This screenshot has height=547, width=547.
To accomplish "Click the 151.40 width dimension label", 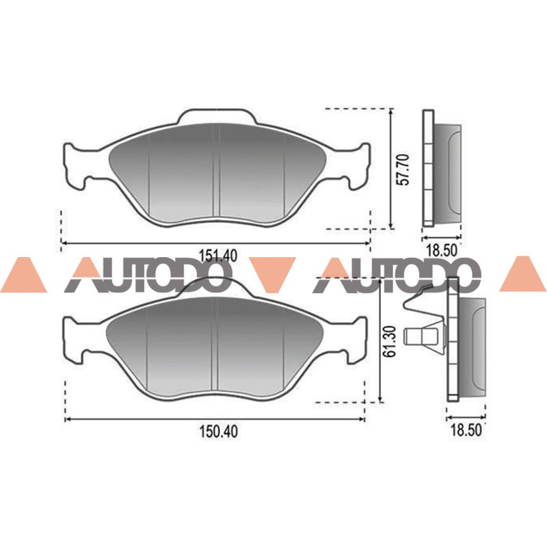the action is pos(217,255).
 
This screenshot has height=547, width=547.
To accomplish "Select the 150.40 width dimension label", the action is pos(219,431).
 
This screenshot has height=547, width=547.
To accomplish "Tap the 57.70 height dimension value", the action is pos(404,169).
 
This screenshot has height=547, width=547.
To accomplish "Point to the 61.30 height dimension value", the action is pos(390,341).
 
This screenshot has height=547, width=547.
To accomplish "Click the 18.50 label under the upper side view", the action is pos(441,250).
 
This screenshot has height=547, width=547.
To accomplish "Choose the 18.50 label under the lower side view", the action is pos(466,430).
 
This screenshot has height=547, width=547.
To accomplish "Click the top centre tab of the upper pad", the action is pos(217,116).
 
